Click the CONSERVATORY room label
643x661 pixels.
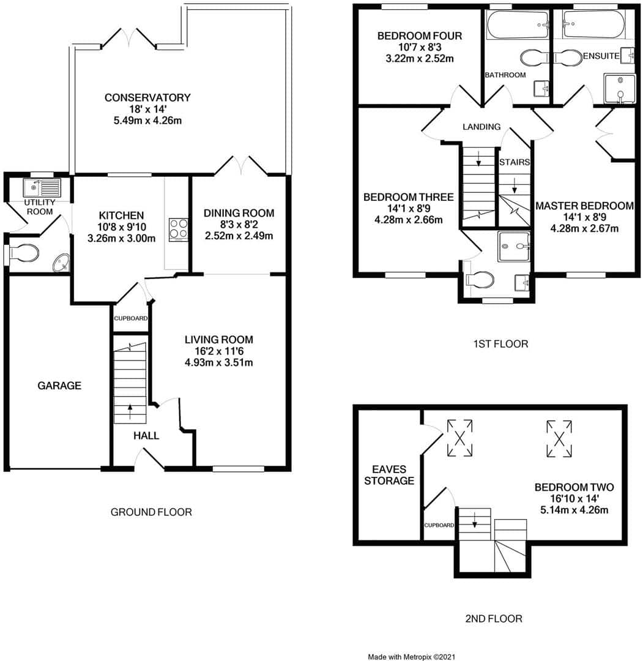147,97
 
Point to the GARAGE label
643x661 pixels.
59,386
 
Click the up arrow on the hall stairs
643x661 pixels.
130,411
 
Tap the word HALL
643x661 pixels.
146,436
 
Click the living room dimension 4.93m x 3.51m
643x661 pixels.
219,362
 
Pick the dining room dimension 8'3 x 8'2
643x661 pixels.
239,225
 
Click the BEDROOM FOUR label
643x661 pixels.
419,36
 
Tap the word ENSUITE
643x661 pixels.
600,56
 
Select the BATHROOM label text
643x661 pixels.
505,75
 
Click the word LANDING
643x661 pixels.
481,127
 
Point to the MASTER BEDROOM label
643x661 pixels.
584,206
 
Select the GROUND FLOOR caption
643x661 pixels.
151,512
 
